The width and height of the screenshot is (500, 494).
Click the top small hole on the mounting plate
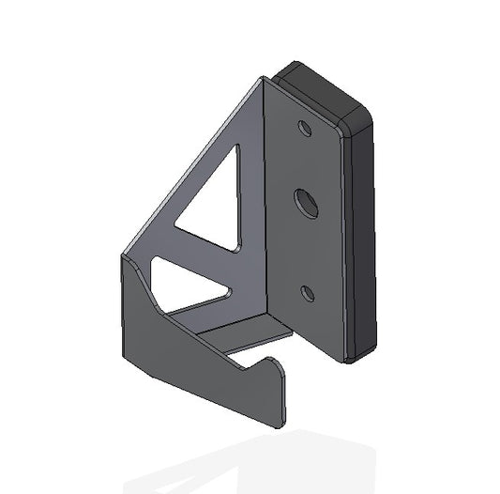pyautogui.click(x=305, y=127)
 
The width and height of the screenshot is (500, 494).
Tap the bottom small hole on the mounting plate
pyautogui.click(x=307, y=294)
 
